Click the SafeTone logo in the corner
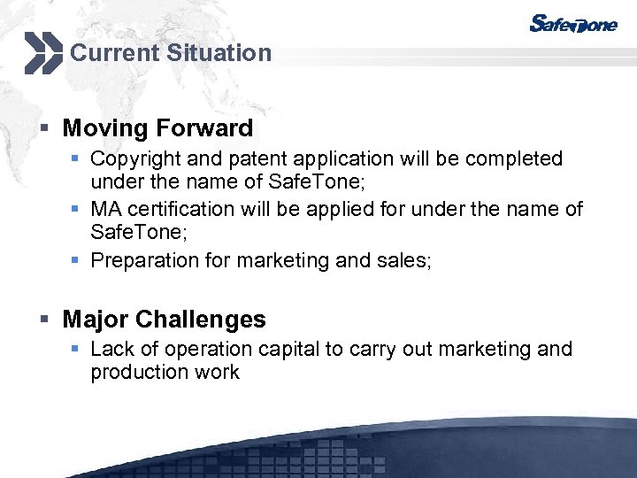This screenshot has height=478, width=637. [572, 24]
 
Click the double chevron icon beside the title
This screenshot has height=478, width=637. [42, 53]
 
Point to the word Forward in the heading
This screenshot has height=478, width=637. [204, 128]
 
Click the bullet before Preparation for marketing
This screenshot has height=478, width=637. [79, 260]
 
